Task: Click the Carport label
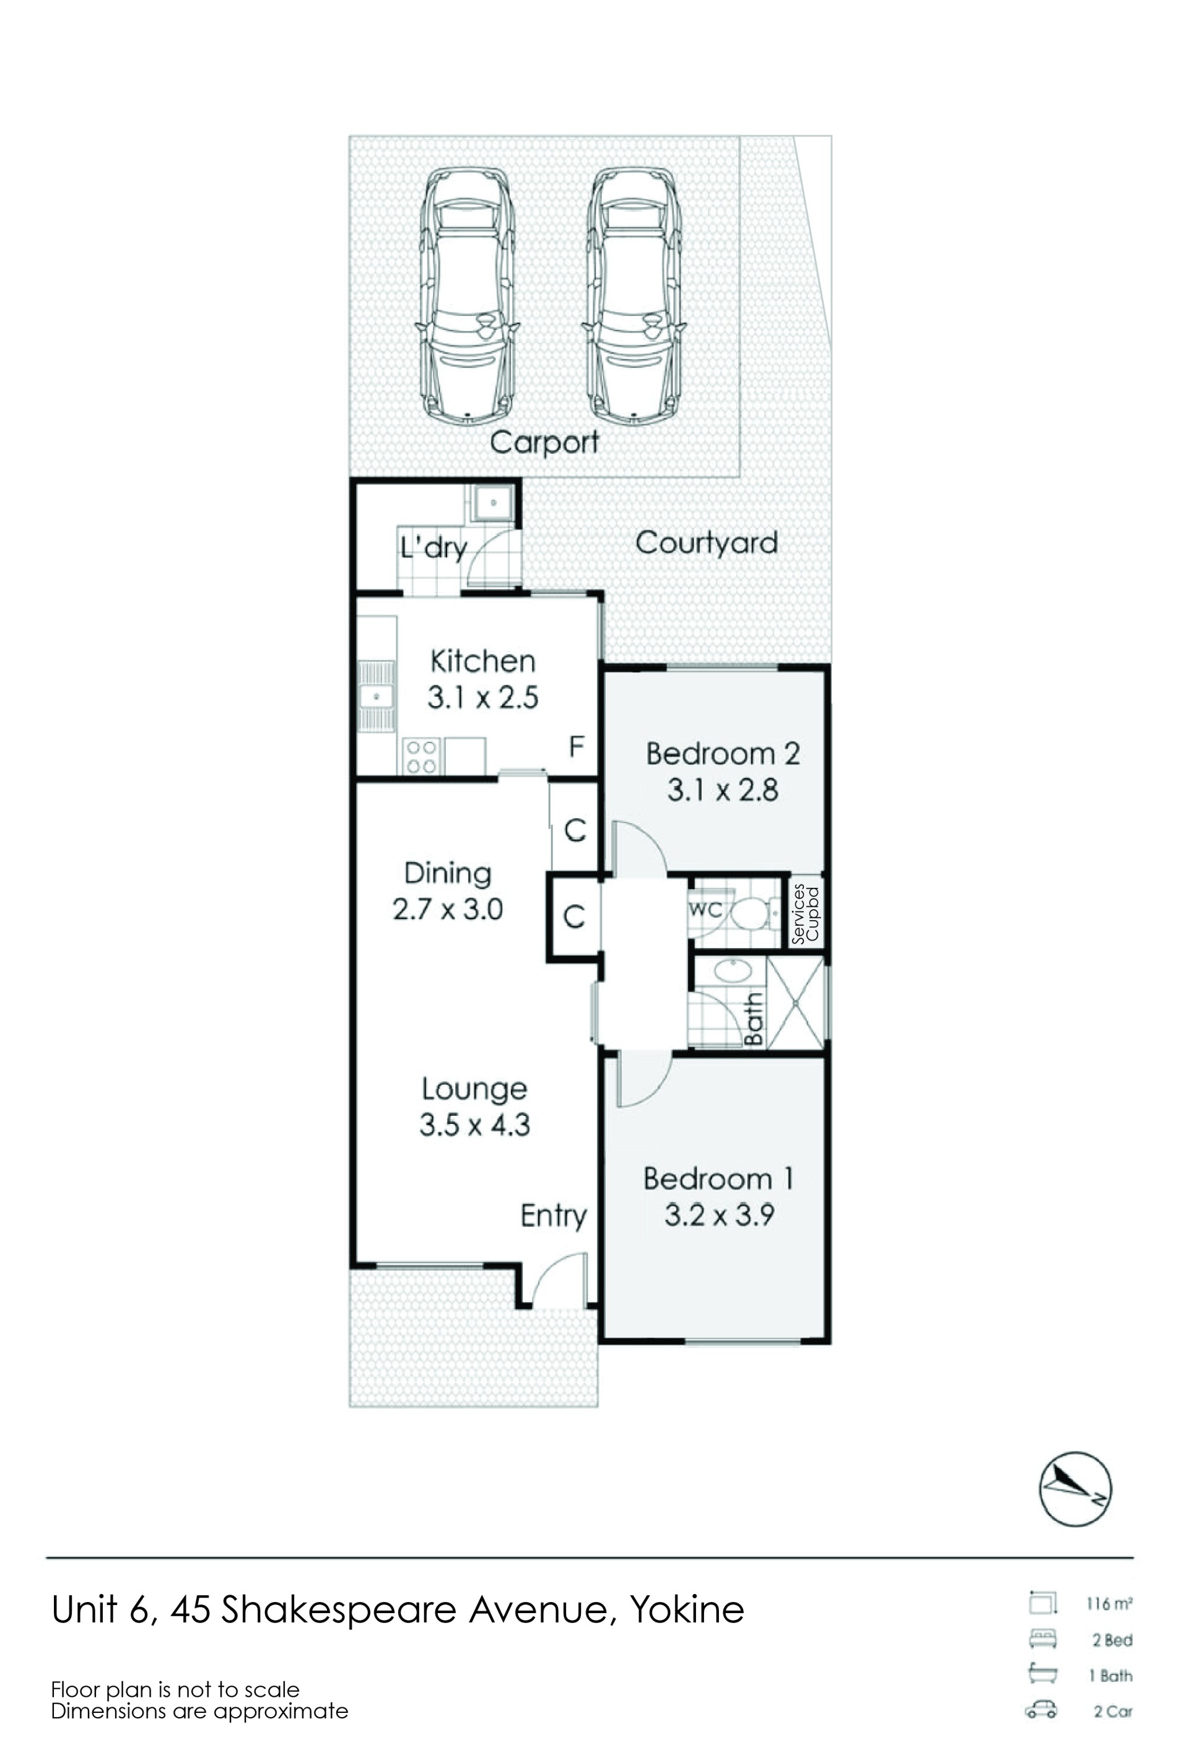point(544,442)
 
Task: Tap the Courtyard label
point(707,543)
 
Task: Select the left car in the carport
point(467,295)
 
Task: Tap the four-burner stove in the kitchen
point(422,756)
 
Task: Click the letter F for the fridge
point(577,747)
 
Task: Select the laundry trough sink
point(493,502)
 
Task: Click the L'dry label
point(433,547)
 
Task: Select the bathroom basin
point(733,970)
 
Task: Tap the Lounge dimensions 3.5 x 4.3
point(475,1125)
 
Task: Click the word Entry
point(554,1217)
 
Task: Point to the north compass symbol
point(1075,1489)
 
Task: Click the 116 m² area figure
point(1109,1604)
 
